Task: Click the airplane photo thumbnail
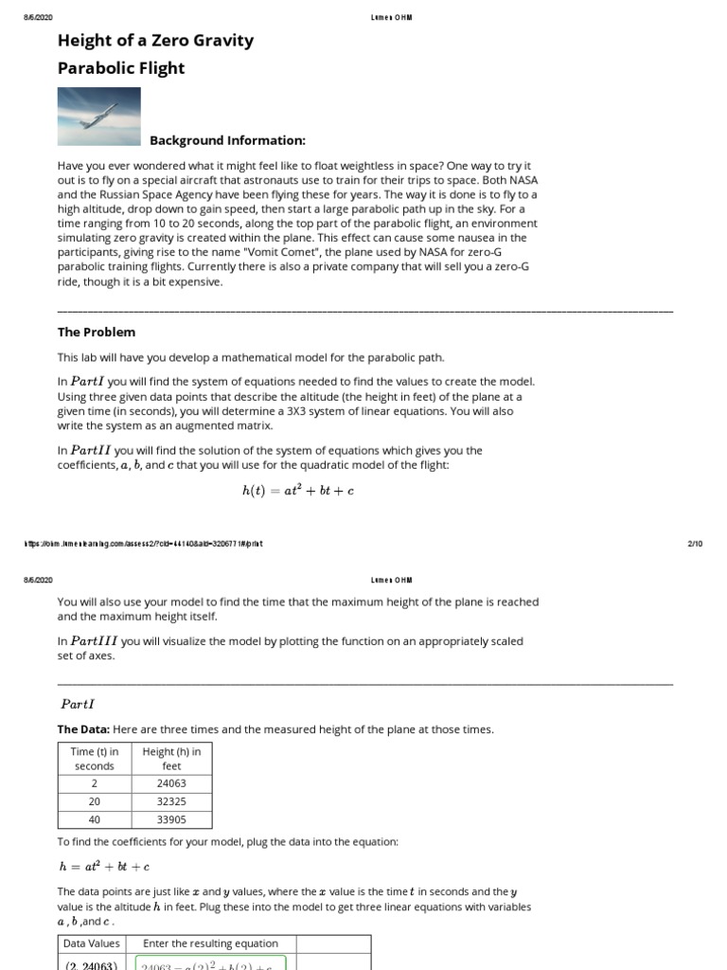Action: coord(99,117)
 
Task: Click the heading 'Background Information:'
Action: coord(227,140)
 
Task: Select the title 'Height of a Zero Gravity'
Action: coord(155,40)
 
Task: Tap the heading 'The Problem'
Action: coord(97,332)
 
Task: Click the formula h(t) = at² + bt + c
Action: coord(298,491)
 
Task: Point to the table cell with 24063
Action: coord(171,783)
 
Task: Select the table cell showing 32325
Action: coord(171,801)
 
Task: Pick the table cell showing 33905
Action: coord(171,819)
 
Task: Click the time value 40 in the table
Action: coord(94,819)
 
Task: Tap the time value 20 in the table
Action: coord(94,801)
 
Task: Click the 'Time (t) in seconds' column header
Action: coord(94,758)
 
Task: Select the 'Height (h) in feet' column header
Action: coord(171,758)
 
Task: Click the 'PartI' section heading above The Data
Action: coord(79,704)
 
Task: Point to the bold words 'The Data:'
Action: coord(83,729)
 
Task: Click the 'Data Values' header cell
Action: coord(91,943)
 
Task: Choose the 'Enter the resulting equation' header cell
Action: coord(210,943)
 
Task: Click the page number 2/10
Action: coord(694,544)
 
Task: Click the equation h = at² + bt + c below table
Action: coord(103,867)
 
